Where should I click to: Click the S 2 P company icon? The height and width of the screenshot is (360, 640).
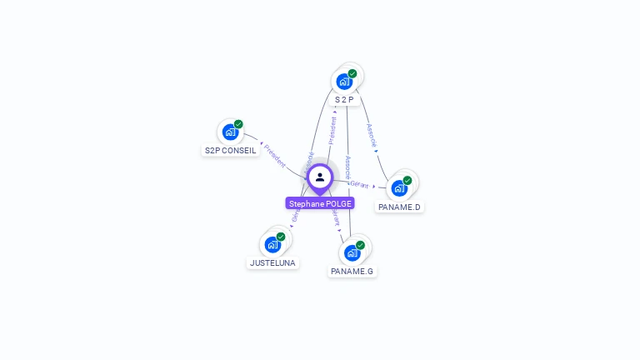point(343,82)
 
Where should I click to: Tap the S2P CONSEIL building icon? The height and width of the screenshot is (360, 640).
point(230,132)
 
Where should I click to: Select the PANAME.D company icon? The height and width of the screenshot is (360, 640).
point(399,188)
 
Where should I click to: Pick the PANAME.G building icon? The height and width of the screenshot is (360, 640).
point(352,252)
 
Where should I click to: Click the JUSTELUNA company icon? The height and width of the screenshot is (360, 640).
point(272,244)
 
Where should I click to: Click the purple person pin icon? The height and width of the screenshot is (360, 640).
point(320,177)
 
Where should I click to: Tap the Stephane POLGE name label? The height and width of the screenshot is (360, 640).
point(320,203)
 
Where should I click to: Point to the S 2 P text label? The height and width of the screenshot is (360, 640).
point(344,100)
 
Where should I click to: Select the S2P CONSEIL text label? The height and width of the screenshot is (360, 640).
point(230,151)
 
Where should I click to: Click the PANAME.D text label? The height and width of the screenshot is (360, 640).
point(399,207)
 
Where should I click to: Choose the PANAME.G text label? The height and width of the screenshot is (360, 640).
point(352,271)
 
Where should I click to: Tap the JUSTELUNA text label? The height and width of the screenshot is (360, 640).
point(272,262)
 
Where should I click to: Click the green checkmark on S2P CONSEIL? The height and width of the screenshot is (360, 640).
point(238,124)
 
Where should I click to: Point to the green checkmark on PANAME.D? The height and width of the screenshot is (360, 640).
point(407,180)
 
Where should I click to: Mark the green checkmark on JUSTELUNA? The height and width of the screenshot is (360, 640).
point(281,237)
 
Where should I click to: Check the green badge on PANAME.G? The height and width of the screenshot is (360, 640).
point(360,245)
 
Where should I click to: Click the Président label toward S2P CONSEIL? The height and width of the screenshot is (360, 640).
point(274,156)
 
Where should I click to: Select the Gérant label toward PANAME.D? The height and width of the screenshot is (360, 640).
point(360,184)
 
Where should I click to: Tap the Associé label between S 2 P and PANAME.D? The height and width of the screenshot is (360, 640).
point(372,137)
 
